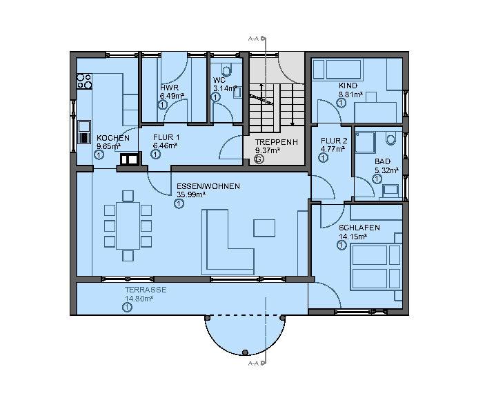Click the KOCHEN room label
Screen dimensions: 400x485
tap(112, 138)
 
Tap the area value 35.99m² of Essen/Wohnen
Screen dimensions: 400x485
tap(190, 195)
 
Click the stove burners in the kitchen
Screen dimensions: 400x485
tap(85, 81)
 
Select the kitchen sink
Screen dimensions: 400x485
tap(84, 131)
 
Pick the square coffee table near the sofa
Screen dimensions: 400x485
tap(264, 228)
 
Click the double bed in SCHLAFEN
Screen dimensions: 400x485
tap(376, 266)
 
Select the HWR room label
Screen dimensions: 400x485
tap(168, 88)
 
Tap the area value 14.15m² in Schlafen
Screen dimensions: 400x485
tap(353, 235)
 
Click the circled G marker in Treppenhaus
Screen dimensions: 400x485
tap(259, 159)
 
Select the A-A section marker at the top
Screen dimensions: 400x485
tap(253, 40)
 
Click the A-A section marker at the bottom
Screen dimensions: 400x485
tap(253, 363)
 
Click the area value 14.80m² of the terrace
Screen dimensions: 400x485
tap(139, 299)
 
